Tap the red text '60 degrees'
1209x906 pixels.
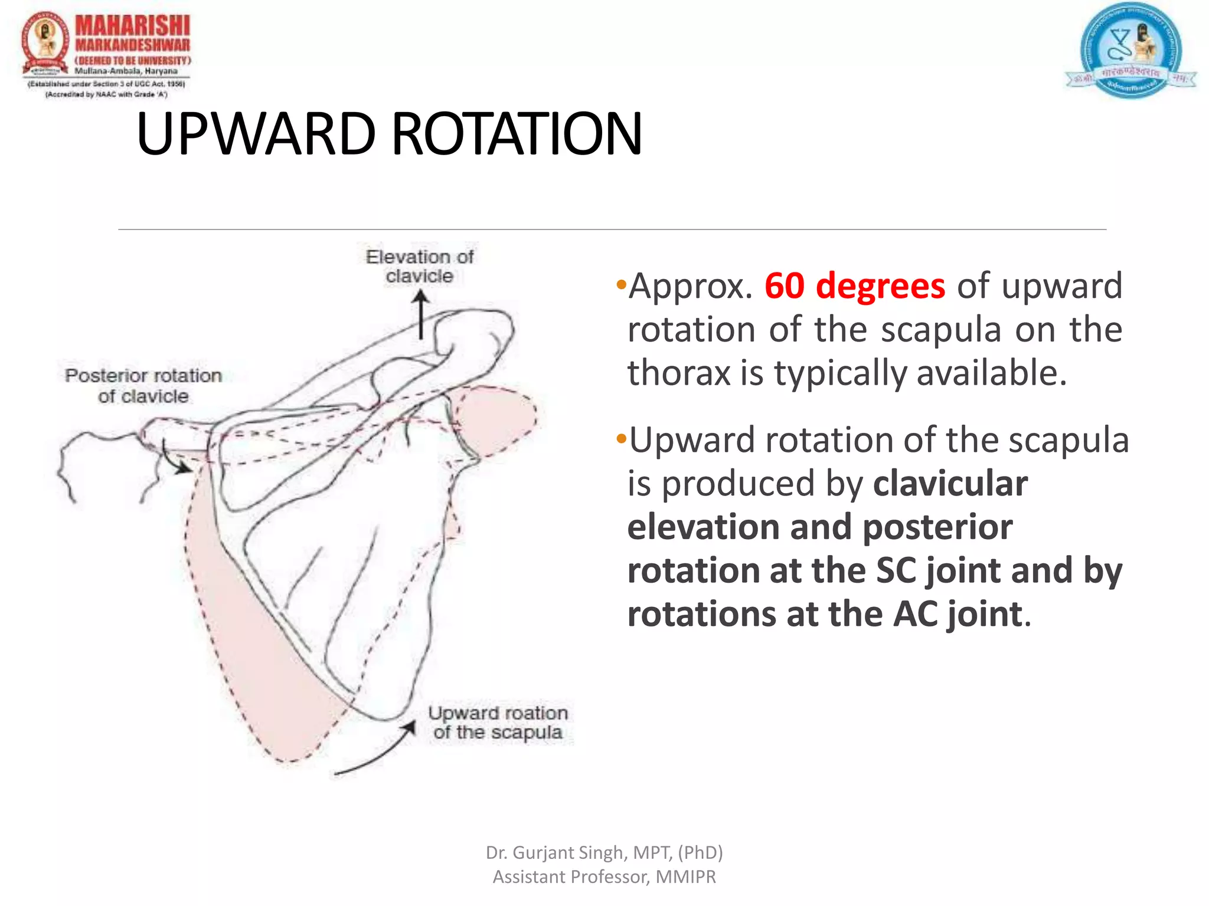tap(854, 286)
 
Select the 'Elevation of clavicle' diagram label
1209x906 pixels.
tap(419, 266)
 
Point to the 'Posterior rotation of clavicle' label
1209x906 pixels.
tap(143, 386)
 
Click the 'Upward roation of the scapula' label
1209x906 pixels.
tap(498, 722)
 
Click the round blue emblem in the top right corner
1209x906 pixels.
tap(1130, 50)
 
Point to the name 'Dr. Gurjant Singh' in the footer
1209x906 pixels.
tap(555, 852)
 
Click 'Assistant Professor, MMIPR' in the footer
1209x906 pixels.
tap(604, 877)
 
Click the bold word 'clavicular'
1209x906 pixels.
tap(950, 484)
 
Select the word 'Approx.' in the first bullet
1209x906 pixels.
tap(690, 286)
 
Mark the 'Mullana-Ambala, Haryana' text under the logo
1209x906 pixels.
tap(126, 71)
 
